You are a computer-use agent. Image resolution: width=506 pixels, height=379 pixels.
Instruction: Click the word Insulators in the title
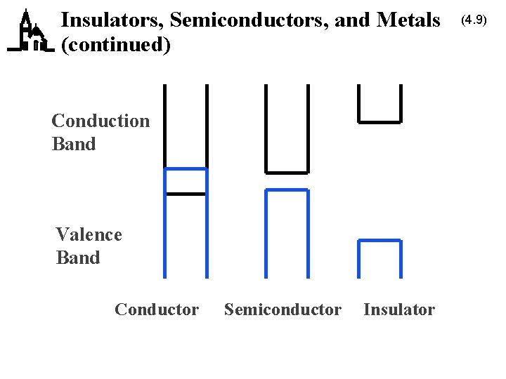pos(112,20)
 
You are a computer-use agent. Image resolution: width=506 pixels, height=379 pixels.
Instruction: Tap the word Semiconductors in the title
pos(249,20)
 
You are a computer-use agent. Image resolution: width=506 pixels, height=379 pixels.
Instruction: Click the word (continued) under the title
pos(116,45)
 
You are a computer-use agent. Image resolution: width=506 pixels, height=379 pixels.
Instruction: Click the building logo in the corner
pos(30,32)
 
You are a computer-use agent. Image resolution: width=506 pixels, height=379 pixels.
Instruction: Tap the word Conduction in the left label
pos(100,121)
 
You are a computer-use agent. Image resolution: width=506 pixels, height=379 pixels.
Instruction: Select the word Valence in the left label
pos(89,234)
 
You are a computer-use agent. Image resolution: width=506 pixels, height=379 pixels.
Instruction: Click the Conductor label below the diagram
pos(157,310)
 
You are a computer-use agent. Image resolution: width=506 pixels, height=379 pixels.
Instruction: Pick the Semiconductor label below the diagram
pos(283,310)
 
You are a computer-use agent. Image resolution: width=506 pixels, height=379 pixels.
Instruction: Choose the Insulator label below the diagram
pos(399,310)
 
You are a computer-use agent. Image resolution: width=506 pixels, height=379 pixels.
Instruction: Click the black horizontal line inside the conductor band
pos(186,193)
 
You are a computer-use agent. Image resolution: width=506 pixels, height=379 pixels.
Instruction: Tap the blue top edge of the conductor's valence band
pos(186,169)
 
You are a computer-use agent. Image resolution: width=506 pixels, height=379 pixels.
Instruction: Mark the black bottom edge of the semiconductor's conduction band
pos(287,172)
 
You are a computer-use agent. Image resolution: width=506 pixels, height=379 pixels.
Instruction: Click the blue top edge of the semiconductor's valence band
pos(287,189)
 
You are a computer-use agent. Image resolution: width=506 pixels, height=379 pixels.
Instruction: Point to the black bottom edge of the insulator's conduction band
pos(379,121)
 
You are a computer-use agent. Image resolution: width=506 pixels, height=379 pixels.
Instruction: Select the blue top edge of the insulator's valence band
pos(379,241)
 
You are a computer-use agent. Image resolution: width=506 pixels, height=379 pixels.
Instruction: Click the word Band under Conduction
pos(74,145)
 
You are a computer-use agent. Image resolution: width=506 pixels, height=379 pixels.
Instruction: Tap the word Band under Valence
pos(78,258)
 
